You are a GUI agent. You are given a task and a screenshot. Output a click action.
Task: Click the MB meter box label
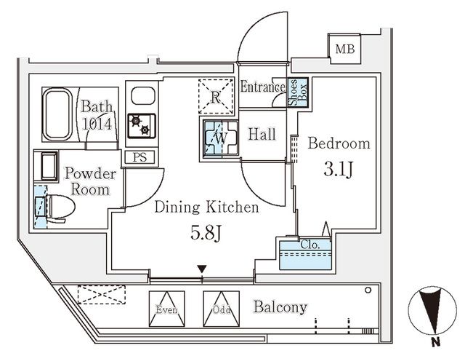341,49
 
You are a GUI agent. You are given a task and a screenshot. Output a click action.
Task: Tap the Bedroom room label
339,143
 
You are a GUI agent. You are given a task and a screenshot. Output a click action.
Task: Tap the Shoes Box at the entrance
298,93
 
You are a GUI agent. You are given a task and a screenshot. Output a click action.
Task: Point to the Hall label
260,134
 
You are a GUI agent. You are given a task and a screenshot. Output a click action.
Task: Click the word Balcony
280,306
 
